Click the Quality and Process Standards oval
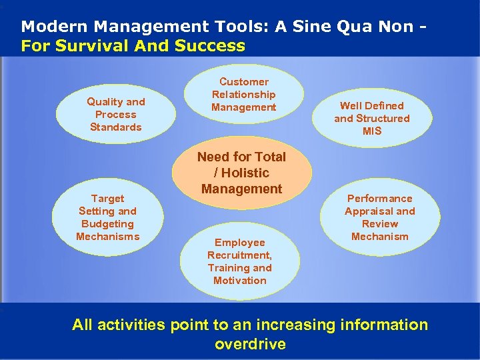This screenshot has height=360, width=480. (116, 114)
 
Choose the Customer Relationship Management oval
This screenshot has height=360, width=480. (243, 95)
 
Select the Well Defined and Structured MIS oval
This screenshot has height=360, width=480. (372, 118)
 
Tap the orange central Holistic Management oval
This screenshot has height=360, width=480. (241, 173)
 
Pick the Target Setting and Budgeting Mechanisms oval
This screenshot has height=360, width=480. (107, 217)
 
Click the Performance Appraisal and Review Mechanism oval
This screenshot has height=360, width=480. (379, 217)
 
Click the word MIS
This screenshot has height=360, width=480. (372, 131)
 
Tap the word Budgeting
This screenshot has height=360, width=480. (107, 224)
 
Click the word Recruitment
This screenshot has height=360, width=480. (239, 255)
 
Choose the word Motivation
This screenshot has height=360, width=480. (240, 281)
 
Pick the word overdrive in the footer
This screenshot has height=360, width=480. (250, 345)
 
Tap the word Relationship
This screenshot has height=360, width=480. (243, 95)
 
